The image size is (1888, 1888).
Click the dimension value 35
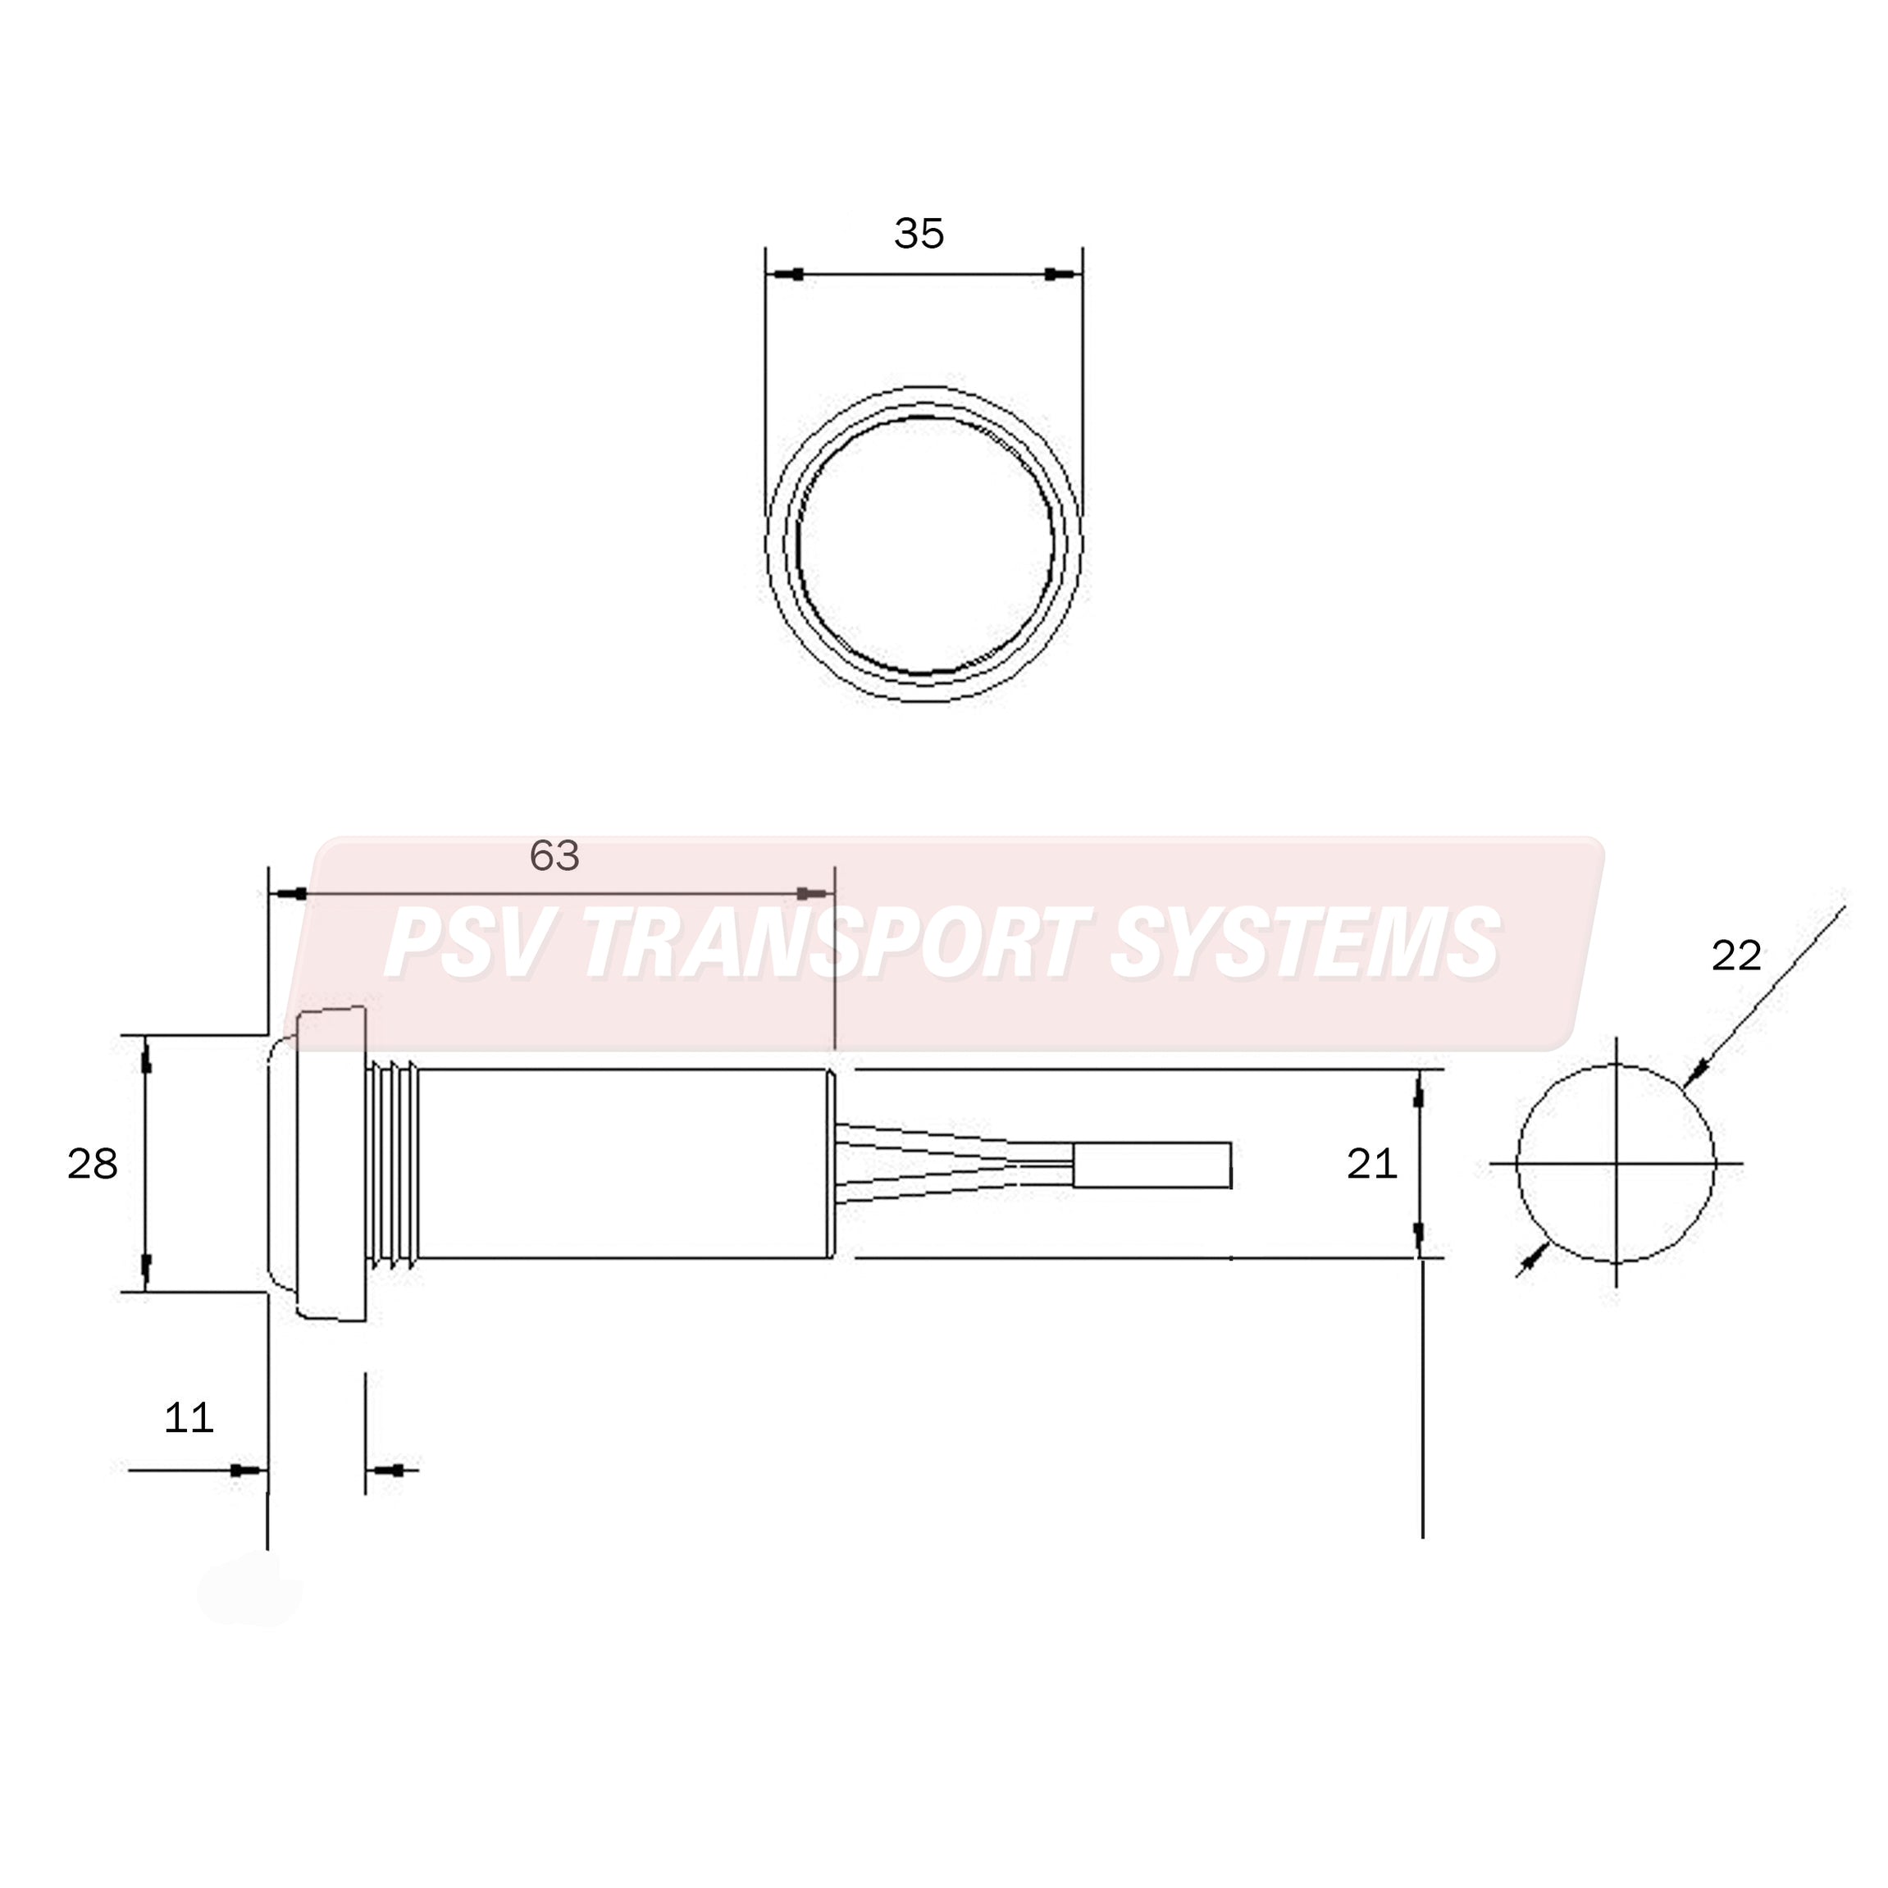click(x=919, y=234)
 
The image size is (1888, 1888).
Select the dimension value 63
click(x=554, y=856)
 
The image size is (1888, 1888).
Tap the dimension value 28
click(x=92, y=1164)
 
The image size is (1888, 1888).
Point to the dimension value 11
click(x=188, y=1417)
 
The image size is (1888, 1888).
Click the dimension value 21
click(x=1371, y=1163)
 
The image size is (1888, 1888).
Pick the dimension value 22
click(x=1735, y=955)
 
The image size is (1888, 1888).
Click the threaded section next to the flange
click(x=393, y=1164)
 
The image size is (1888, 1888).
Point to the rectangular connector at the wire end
click(x=1151, y=1164)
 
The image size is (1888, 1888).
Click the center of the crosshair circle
click(x=1616, y=1164)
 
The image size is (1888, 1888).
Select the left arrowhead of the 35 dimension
click(x=794, y=275)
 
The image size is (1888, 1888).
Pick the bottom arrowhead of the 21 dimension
click(x=1419, y=1236)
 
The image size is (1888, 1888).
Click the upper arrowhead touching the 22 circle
click(x=1695, y=1073)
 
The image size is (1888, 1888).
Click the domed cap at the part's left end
click(x=281, y=1164)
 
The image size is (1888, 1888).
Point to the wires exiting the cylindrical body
click(x=953, y=1164)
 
